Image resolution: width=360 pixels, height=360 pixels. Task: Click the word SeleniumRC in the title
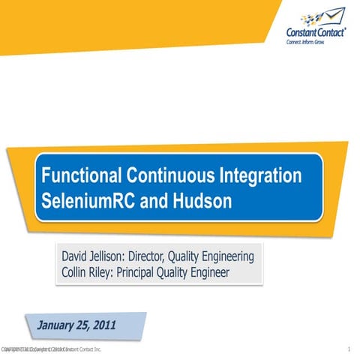tap(85, 202)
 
